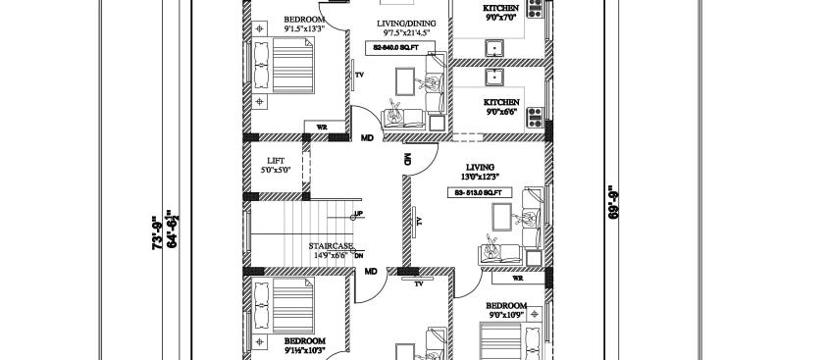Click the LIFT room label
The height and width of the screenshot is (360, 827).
point(276,160)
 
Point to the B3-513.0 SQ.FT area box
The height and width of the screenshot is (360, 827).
point(479,193)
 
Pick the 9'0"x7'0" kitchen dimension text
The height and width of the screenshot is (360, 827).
point(500,18)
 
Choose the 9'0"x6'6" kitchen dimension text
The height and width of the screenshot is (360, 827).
point(500,112)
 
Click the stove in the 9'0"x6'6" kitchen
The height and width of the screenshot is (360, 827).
point(536,118)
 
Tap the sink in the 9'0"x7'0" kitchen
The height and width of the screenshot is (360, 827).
point(493,47)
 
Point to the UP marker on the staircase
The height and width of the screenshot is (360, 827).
point(358,214)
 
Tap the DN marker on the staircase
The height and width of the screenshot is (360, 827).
point(358,255)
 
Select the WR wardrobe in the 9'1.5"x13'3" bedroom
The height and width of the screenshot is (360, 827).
point(320,127)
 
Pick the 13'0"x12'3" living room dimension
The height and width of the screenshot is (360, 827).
point(480,177)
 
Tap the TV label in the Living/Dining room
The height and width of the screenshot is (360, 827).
point(359,75)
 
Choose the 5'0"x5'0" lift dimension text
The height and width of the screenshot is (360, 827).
point(276,171)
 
